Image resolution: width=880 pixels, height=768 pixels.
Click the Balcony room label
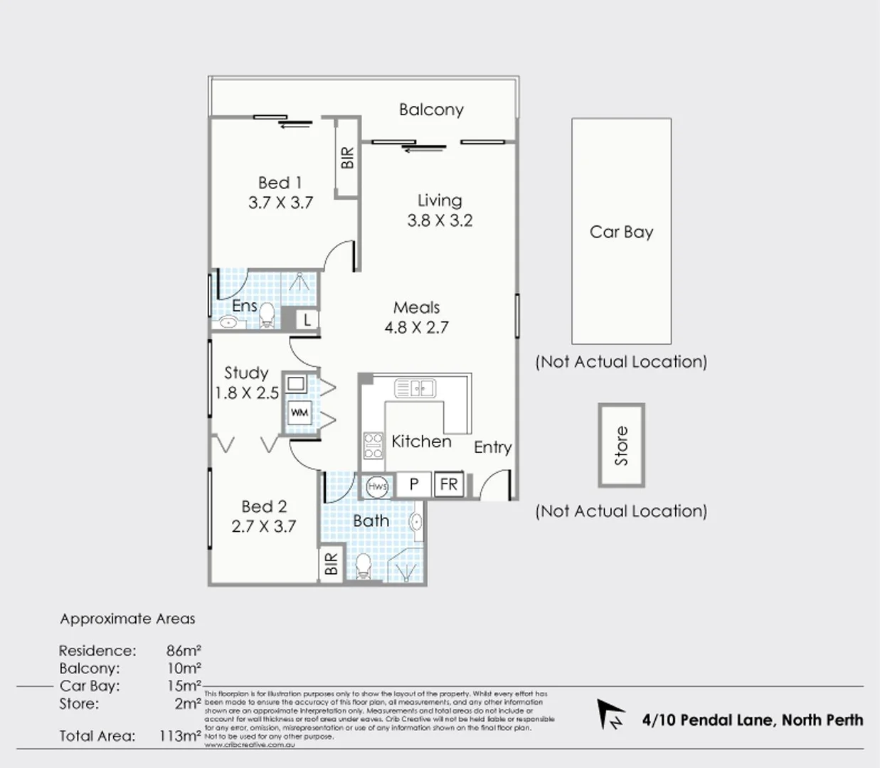click(x=431, y=110)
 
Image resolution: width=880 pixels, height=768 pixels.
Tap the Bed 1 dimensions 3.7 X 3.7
click(x=280, y=203)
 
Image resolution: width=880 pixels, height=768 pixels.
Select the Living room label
click(x=440, y=201)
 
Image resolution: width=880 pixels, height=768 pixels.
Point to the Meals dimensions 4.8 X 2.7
click(x=416, y=328)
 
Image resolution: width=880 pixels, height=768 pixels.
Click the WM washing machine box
click(x=299, y=412)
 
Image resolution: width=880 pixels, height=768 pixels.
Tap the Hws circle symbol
click(x=377, y=486)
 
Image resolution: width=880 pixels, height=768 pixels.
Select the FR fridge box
click(x=448, y=485)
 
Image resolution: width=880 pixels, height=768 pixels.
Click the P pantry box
click(x=413, y=485)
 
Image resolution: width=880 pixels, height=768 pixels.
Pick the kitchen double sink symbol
click(x=415, y=388)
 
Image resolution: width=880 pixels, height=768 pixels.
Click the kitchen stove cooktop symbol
click(x=373, y=445)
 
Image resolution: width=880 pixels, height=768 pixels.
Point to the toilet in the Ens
click(x=267, y=314)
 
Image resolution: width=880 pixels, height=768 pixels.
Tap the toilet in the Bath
click(x=363, y=565)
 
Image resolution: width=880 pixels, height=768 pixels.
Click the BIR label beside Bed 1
click(x=347, y=158)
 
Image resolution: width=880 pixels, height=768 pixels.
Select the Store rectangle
click(x=621, y=446)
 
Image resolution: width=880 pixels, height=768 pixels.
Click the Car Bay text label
click(x=621, y=232)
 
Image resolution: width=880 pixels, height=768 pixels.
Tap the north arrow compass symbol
click(x=610, y=714)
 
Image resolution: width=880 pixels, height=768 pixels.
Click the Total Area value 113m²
click(x=180, y=736)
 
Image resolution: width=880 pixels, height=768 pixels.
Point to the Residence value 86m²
click(x=184, y=651)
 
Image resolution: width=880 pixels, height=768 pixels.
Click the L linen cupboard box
click(x=307, y=320)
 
